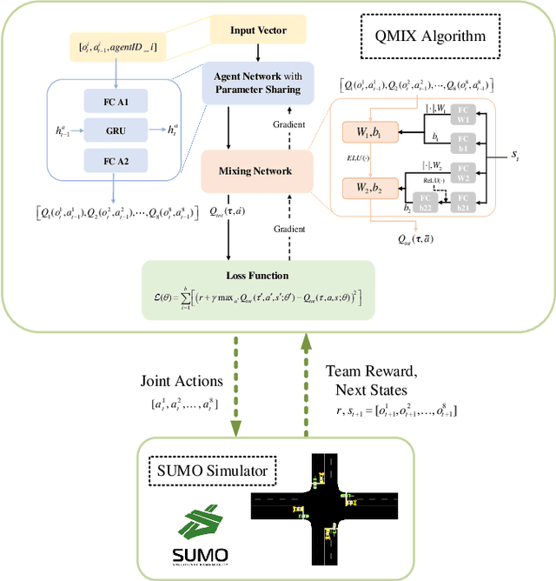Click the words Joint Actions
coord(181,380)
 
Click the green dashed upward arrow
coord(306,388)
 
